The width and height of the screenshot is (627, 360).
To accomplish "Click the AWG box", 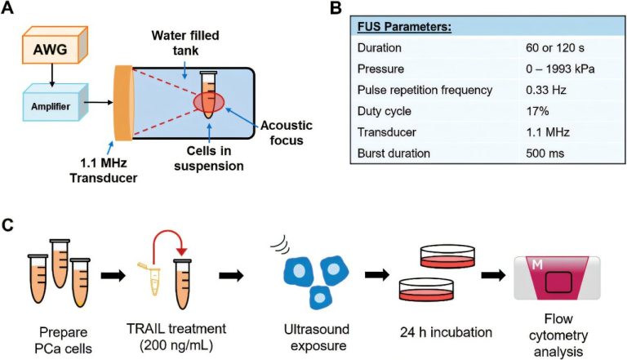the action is coord(56,45).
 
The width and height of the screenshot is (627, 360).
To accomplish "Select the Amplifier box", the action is coord(56,102).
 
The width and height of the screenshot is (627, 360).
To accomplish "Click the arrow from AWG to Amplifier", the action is coord(51,76).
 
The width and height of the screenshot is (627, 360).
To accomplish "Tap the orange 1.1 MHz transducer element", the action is coord(123,103).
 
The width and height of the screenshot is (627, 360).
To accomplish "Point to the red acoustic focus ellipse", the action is coord(209,101).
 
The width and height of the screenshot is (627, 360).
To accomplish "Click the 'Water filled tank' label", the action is coord(185,42).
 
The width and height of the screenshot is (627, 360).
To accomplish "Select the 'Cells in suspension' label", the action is coord(209,158).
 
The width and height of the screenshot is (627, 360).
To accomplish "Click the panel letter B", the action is coord(336,8).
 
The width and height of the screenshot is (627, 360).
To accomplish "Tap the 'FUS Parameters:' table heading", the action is coord(404,27).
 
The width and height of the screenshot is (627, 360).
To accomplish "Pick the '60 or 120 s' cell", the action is coord(555,48).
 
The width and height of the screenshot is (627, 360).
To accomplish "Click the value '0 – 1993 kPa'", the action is coord(560,69).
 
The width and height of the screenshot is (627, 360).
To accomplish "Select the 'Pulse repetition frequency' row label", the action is coord(425,90).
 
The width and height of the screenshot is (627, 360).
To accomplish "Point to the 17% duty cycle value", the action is coord(537,111).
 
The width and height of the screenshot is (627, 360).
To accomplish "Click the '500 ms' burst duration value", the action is coord(545,153).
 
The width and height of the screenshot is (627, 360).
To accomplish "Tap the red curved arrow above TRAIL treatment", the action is coord(169,241).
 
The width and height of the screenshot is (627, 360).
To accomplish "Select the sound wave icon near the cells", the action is coord(281,244).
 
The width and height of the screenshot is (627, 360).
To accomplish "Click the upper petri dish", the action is coord(447,256).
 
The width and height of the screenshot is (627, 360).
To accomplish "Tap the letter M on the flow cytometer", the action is coord(537,264).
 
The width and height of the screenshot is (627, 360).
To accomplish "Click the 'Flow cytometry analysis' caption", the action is coord(558,336).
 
